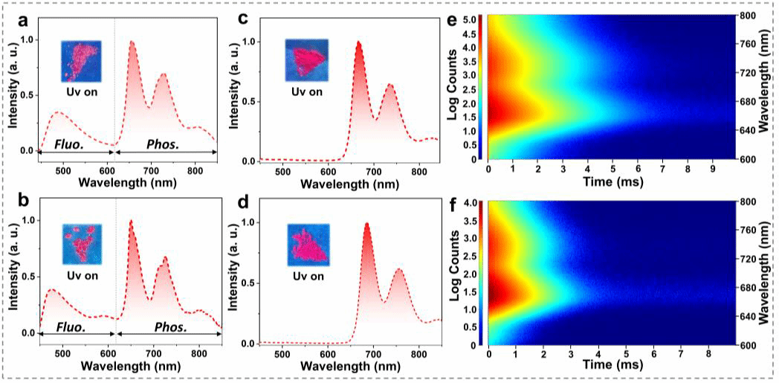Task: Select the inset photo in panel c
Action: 306,60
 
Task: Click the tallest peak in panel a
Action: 132,42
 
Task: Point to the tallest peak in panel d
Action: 366,224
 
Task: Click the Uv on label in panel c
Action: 306,91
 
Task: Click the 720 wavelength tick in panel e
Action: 746,73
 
